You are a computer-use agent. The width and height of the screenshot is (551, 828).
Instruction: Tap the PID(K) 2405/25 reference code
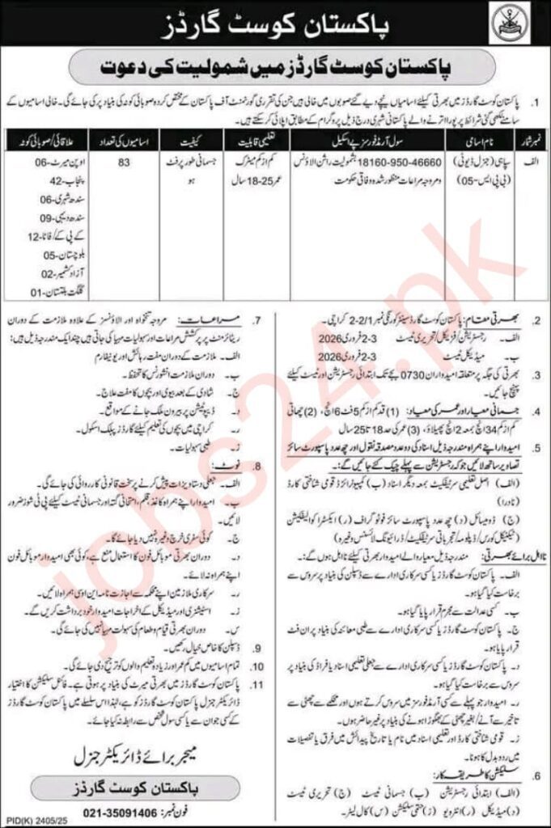coord(32,818)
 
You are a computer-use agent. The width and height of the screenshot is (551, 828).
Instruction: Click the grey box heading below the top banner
coord(275,70)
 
